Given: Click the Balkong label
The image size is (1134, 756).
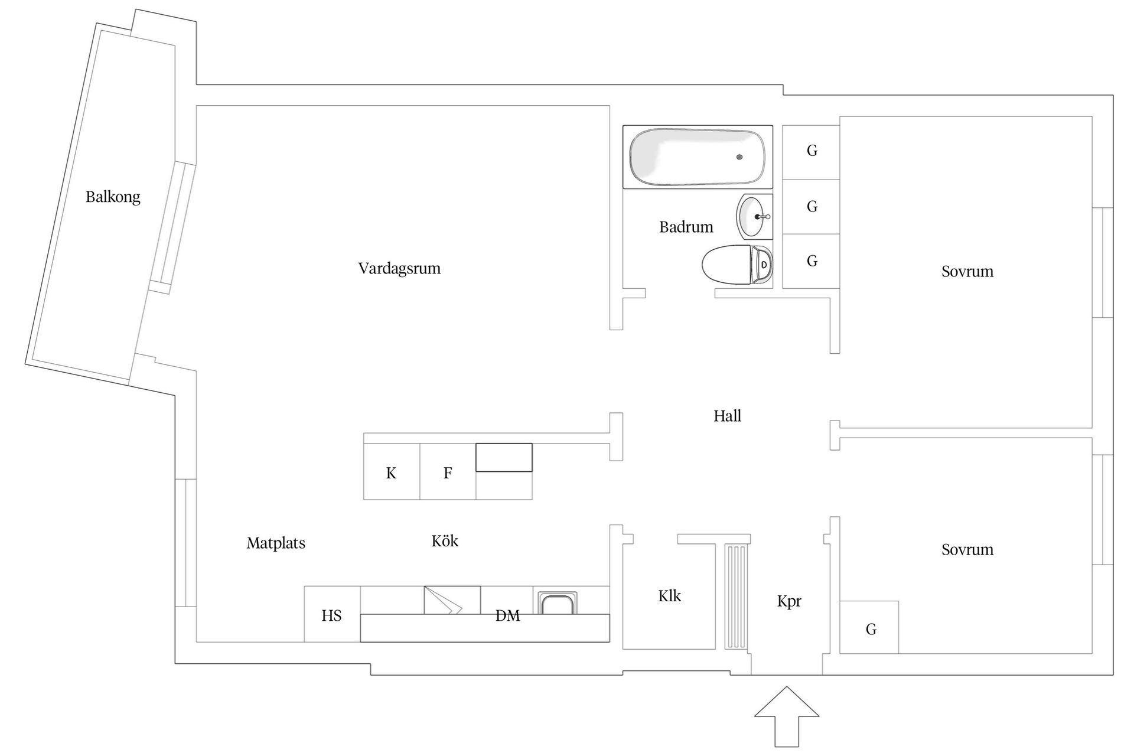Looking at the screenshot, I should coord(113,197).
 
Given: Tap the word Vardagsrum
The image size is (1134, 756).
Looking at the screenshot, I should coord(399,269).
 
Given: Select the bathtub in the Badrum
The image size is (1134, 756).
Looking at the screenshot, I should coord(697,157).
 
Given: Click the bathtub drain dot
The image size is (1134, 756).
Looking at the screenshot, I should coord(739,157).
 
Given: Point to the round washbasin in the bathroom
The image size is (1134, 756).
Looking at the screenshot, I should coord(753,217).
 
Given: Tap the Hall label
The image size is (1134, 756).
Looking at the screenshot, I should coord(727,416).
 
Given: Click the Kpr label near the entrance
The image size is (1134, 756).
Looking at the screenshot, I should coord(789,602).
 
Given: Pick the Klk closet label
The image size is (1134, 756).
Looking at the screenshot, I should coord(669,597).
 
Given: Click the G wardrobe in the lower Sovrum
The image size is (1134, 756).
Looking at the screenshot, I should coord(871,630).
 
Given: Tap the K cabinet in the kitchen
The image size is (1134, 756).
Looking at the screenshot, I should coord(391,473).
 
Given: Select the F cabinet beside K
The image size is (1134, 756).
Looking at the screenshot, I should coord(448,473).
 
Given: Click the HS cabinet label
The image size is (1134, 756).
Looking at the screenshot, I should coord(331,616).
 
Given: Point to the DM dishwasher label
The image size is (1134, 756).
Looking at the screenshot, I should coord(507,616).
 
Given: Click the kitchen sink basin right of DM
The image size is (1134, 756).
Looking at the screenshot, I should coord(556,604).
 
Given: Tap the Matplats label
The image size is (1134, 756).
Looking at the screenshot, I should coord(276,543).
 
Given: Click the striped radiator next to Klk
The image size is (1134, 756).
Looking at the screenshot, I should coord(736,597).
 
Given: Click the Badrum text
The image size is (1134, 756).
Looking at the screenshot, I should coord(686,227).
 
